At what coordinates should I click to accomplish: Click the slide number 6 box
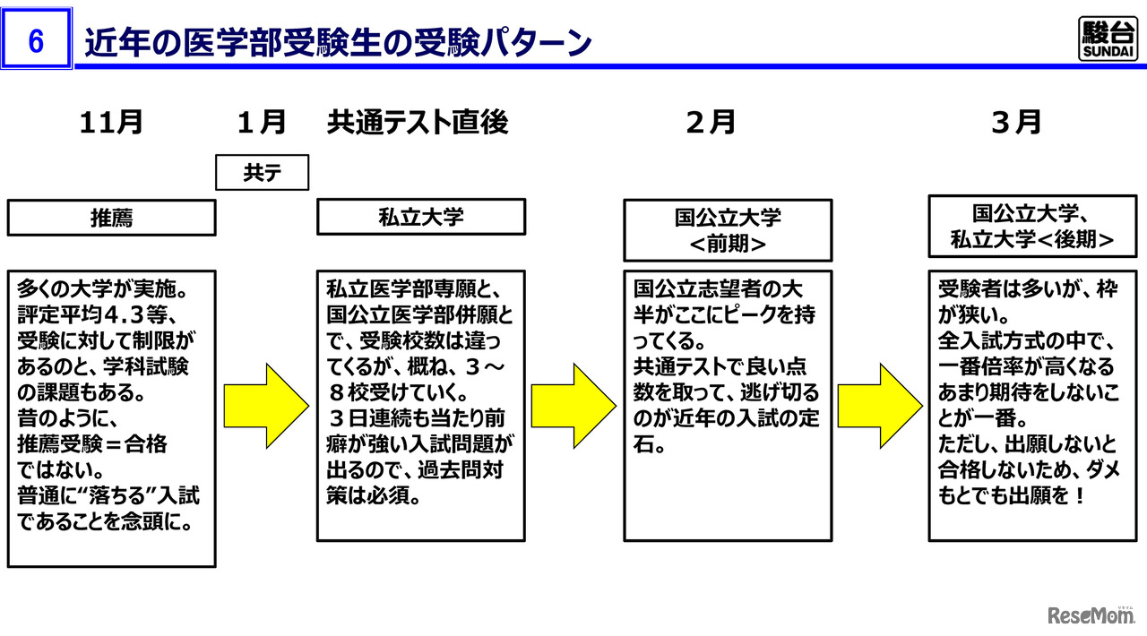pos(36,42)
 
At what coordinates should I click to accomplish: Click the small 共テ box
pos(262,173)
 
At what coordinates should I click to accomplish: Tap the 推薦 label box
pos(111,218)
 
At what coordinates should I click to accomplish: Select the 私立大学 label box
pos(420,217)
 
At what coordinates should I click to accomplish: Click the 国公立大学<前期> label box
pos(728,229)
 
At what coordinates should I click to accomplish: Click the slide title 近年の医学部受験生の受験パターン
pos(339,42)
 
